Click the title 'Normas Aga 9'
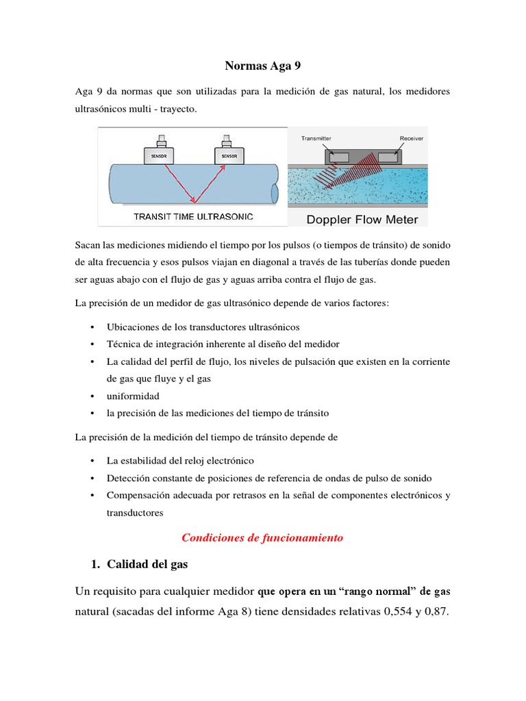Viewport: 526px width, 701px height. click(262, 66)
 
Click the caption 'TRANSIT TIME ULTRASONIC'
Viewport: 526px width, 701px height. click(193, 216)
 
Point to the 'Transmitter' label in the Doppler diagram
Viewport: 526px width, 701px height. click(316, 138)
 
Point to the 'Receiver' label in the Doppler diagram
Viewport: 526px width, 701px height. click(411, 138)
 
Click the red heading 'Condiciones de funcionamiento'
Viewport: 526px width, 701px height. click(262, 538)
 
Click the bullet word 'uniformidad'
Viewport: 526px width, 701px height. click(133, 396)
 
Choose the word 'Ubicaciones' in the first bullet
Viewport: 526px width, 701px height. click(131, 327)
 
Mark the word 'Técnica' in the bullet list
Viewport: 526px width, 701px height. click(123, 344)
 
